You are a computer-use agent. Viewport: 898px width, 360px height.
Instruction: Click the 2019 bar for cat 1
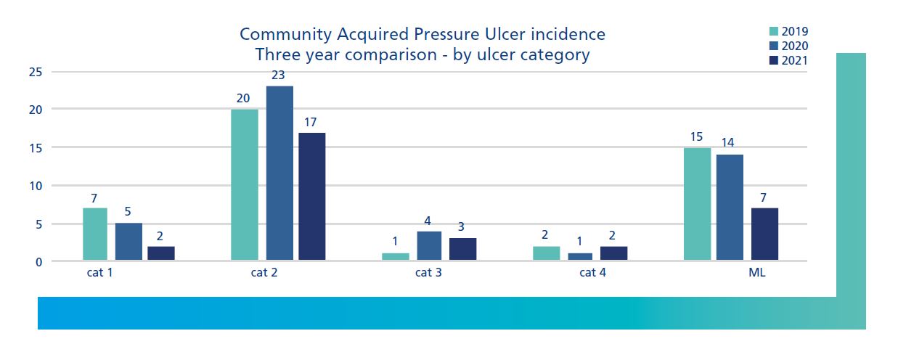point(95,234)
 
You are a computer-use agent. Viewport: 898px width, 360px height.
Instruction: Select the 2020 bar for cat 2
point(279,173)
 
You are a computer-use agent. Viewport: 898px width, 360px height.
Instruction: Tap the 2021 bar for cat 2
point(311,196)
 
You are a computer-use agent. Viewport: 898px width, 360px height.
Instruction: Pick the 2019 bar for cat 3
point(396,256)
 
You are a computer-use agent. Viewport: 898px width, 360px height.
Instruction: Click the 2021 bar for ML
point(764,234)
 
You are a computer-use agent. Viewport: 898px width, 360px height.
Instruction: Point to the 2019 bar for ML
point(698,204)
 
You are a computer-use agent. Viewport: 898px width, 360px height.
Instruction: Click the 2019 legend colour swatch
point(774,31)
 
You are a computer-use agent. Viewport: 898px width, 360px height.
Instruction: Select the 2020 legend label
point(795,46)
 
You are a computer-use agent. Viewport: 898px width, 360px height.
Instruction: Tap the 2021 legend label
point(795,61)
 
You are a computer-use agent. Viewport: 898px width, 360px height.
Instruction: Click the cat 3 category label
point(428,273)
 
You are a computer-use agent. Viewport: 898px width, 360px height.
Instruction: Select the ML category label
point(757,273)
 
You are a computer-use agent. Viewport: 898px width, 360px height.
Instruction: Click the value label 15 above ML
point(697,136)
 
